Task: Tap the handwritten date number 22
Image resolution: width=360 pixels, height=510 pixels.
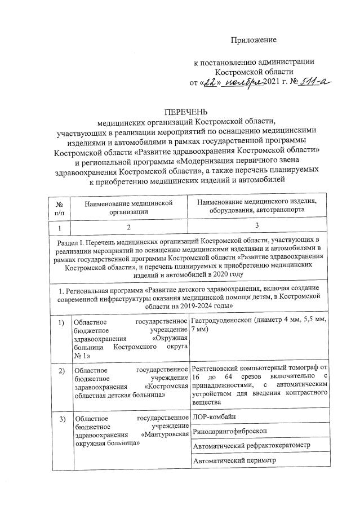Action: click(210, 82)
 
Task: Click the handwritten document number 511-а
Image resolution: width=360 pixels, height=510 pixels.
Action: click(315, 82)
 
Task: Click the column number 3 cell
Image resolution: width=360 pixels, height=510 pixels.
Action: click(256, 227)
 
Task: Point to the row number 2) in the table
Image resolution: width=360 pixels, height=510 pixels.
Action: click(60, 370)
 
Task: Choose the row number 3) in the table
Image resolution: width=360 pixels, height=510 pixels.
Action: click(60, 418)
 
